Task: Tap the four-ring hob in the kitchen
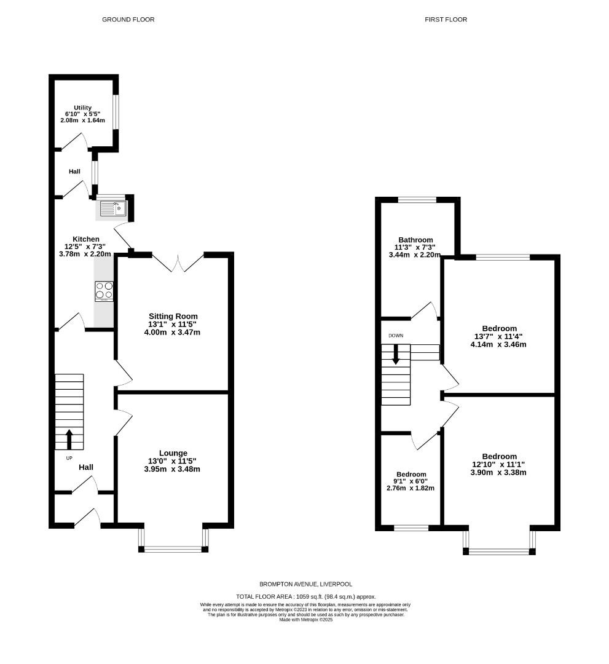click(104, 290)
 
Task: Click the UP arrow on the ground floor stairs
click(69, 439)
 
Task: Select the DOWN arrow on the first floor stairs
click(395, 354)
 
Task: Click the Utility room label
click(82, 108)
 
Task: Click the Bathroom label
click(415, 240)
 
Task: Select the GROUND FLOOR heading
click(128, 20)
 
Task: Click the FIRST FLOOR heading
click(446, 20)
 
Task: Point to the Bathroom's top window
click(417, 199)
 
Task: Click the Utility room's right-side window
click(116, 111)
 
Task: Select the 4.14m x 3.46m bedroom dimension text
click(498, 344)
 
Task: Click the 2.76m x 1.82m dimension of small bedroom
click(411, 488)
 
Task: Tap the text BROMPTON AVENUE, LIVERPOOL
click(305, 584)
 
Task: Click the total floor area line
click(305, 596)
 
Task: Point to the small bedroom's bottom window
click(411, 528)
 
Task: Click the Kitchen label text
click(86, 239)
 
